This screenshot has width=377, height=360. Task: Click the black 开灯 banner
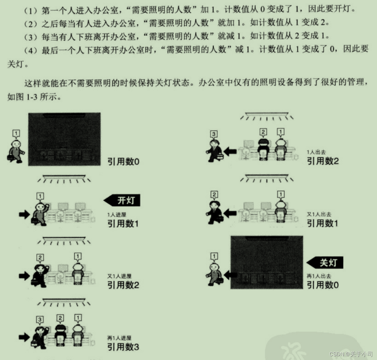click(122, 200)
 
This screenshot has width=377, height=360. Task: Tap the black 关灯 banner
click(325, 263)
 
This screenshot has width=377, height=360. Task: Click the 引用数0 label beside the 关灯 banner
click(323, 285)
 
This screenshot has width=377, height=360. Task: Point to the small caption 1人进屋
click(116, 215)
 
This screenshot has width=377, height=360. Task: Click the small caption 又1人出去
click(319, 214)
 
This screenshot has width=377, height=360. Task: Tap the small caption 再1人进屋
click(119, 338)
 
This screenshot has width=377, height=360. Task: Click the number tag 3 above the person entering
click(40, 319)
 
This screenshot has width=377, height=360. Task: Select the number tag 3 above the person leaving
click(214, 134)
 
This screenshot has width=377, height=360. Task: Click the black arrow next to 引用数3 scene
click(24, 336)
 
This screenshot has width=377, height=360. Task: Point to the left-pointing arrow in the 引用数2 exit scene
click(230, 152)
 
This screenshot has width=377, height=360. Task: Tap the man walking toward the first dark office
click(16, 151)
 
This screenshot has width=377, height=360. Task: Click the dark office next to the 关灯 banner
click(266, 262)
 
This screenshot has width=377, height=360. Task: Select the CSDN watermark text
click(351, 354)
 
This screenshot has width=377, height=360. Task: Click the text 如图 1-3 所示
click(34, 97)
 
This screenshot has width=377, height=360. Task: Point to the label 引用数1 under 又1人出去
click(322, 223)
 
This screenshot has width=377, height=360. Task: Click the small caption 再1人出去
click(319, 276)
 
